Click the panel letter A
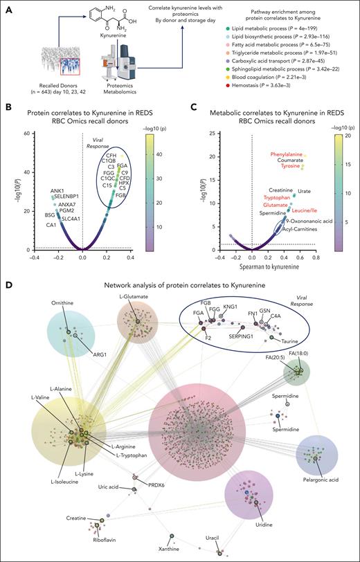[x=8, y=6]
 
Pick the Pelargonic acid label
[x=322, y=477]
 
